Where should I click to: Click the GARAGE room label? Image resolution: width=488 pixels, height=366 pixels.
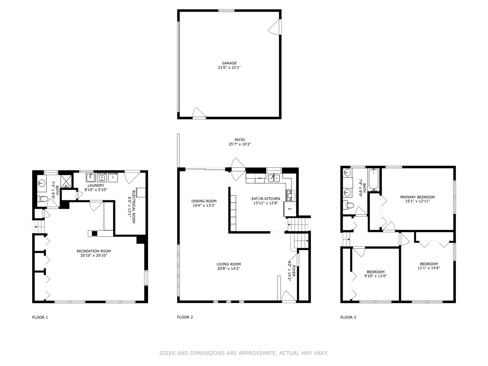229,63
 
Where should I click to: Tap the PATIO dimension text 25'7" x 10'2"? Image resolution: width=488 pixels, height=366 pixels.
240,144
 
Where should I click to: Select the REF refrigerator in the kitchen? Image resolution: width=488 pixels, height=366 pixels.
290,209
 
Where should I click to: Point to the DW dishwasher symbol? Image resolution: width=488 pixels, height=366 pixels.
260,178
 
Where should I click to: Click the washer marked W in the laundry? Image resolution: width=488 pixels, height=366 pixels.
102,177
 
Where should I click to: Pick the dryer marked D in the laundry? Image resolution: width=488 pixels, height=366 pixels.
113,177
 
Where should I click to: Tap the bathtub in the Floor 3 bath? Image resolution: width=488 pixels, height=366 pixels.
374,179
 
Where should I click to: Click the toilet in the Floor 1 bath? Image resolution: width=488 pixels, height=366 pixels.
42,199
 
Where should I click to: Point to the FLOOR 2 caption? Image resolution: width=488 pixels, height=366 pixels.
185,317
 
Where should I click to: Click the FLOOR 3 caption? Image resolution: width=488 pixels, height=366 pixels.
348,317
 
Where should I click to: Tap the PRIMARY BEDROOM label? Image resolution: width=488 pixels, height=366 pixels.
417,197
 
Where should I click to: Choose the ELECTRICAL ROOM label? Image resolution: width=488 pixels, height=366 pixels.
134,207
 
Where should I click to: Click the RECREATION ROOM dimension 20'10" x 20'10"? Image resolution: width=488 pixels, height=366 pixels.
94,256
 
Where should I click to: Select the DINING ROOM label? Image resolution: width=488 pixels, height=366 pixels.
204,201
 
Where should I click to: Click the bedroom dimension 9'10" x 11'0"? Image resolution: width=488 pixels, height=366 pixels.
375,276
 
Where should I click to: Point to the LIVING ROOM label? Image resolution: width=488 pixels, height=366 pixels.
228,264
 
